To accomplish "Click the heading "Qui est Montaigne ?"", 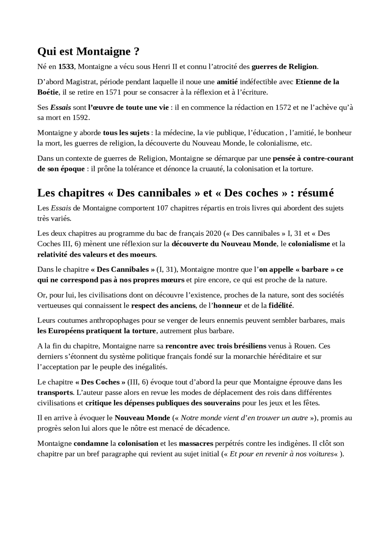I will (88, 51).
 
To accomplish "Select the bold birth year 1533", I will (66, 67).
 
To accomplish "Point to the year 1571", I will (113, 92).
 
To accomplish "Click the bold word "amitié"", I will (227, 82).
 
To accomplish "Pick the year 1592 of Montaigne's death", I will (81, 118).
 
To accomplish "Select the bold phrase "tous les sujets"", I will (126, 133).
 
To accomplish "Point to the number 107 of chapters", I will (162, 208).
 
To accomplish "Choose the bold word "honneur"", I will (228, 306).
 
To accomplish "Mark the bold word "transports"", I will (55, 393).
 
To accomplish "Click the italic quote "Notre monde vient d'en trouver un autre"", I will (244, 418).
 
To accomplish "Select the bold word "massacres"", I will (196, 443).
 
